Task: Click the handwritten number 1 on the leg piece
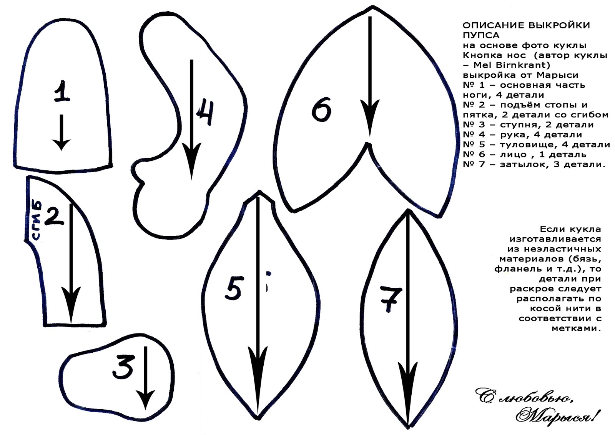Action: tap(62, 92)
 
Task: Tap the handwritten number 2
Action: tap(55, 216)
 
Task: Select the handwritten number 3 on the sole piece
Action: tap(124, 366)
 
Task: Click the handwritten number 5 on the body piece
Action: tap(234, 288)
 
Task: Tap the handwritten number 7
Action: tap(391, 299)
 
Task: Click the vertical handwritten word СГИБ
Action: tap(37, 220)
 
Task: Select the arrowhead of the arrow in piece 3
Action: tap(145, 400)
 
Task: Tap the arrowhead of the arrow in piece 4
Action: tap(192, 161)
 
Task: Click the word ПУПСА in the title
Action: tap(481, 35)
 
